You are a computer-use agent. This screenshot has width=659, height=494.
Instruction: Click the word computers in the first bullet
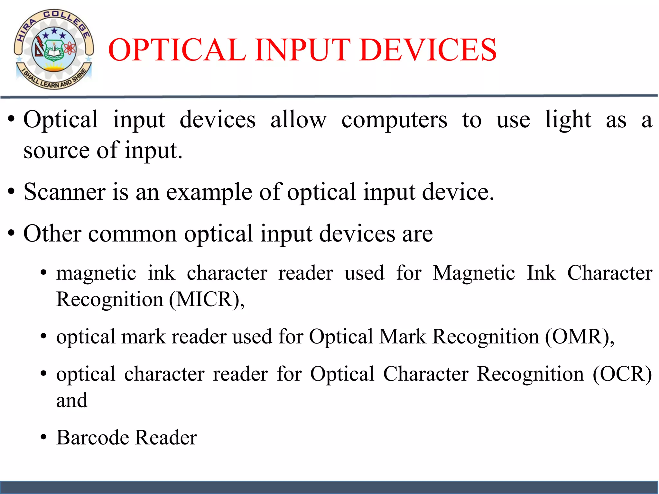coord(394,120)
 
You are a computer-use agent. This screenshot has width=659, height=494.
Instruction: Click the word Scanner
coord(64,192)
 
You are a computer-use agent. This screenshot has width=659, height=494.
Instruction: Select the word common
coord(132,234)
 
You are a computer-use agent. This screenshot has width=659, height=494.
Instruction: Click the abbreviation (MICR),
coord(207,300)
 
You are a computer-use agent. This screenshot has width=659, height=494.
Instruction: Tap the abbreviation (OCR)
coord(622,374)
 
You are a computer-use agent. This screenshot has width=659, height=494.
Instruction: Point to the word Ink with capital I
coord(541,273)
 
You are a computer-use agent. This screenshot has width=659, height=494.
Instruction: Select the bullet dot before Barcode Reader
coord(44,438)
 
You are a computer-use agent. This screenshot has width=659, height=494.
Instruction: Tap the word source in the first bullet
coord(56,151)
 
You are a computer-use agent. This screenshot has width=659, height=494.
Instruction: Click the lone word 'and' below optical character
coord(72,400)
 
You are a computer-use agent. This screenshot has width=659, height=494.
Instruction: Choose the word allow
coord(298,120)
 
